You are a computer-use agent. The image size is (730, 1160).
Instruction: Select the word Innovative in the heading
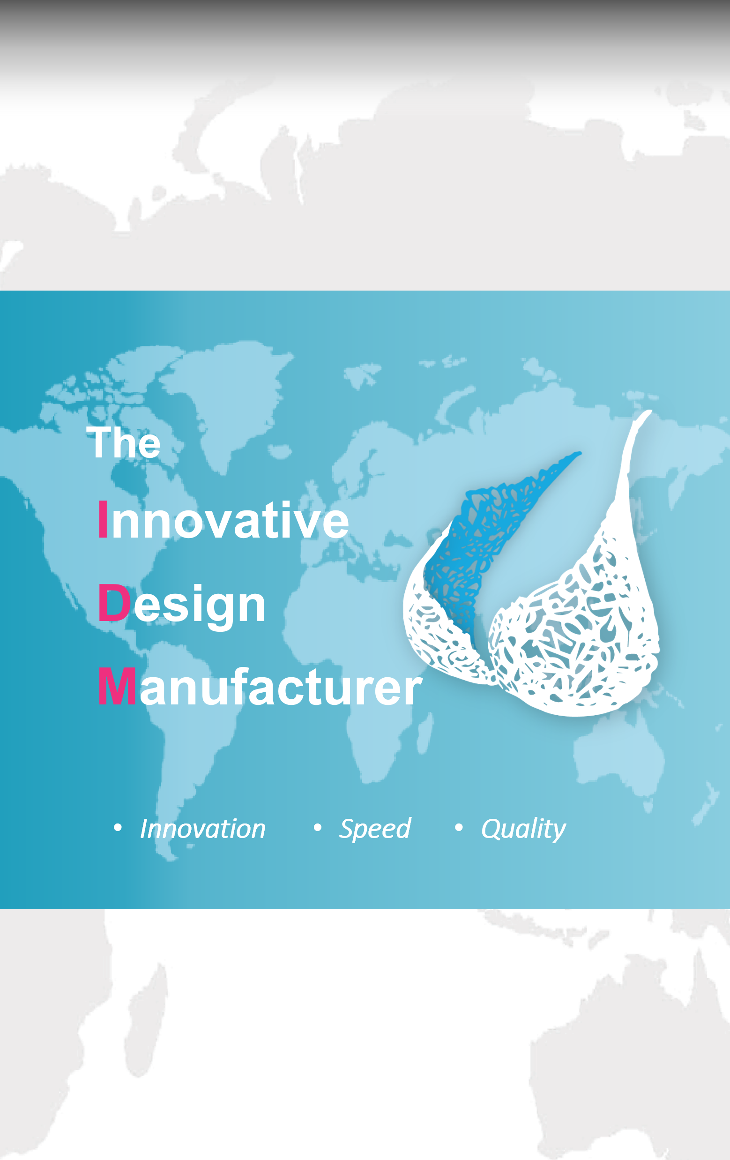[223, 520]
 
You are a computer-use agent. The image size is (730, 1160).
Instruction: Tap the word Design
[181, 605]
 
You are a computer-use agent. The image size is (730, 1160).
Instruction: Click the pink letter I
[103, 520]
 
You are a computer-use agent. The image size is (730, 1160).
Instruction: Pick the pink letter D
[115, 603]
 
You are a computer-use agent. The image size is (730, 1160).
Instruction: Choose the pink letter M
[117, 687]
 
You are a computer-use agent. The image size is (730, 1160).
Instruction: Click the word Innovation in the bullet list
[203, 829]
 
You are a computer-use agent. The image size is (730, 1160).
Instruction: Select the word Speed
[375, 830]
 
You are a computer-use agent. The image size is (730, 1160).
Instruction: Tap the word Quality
[523, 830]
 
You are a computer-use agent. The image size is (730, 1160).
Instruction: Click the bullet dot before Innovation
[118, 828]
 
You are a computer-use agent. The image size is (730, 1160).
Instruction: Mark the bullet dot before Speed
[317, 828]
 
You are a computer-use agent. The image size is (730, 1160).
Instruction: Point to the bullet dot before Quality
[459, 828]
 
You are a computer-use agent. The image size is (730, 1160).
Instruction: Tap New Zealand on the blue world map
[706, 802]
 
